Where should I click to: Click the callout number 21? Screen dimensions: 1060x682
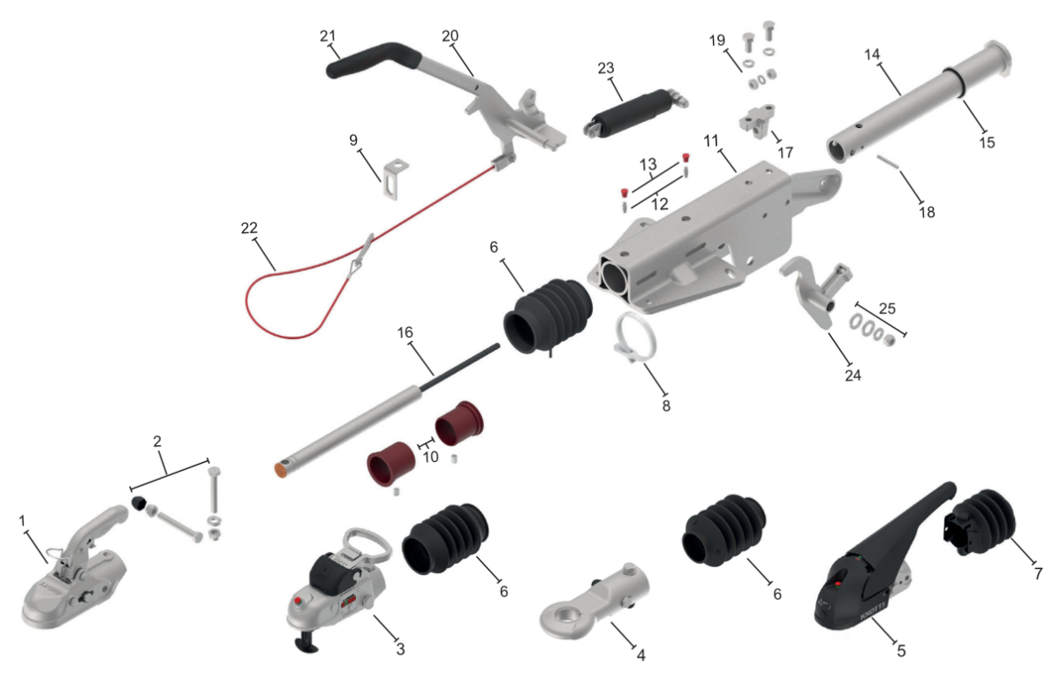coord(328,36)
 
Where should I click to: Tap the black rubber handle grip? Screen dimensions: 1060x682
coord(374,60)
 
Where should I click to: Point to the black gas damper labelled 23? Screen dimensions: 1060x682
coord(635,114)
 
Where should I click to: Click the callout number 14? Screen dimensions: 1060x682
coord(872,55)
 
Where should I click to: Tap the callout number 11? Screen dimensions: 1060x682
coord(711,140)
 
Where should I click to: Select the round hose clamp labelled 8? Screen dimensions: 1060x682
coord(635,337)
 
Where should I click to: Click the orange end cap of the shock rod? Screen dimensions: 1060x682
coord(281,471)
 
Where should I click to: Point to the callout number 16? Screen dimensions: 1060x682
coord(405,332)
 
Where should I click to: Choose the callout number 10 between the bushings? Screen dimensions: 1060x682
coord(431,457)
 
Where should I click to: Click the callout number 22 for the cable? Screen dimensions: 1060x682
coord(249,228)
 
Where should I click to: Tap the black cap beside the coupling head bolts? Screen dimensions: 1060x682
coord(138,503)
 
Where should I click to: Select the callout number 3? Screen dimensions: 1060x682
coord(400,648)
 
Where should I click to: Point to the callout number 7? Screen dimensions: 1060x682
coord(1038,573)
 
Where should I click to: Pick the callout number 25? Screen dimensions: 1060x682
coord(887,308)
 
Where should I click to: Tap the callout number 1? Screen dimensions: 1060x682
coord(22,521)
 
